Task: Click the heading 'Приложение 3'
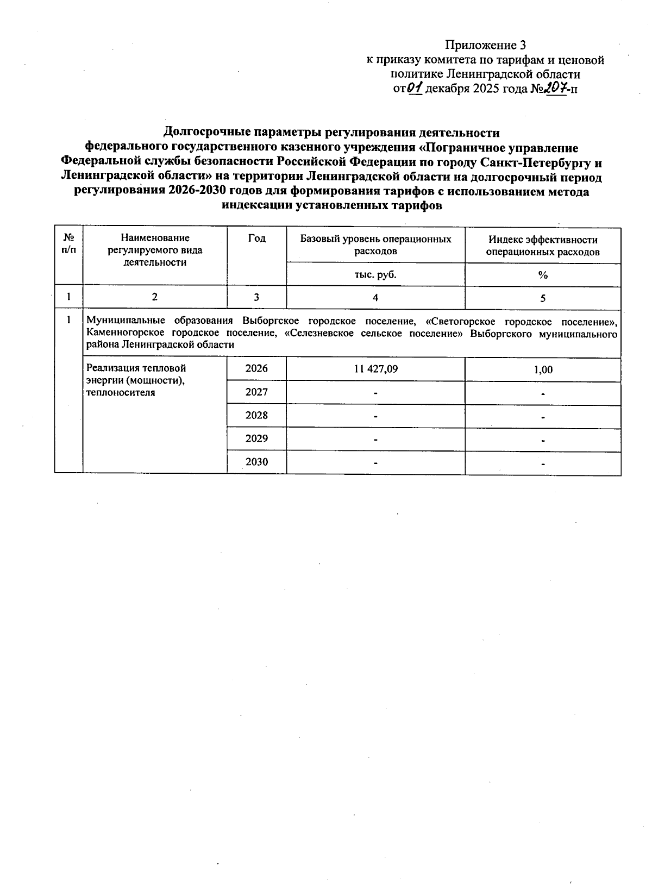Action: click(486, 45)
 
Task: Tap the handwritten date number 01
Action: click(415, 87)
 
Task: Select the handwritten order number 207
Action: click(555, 87)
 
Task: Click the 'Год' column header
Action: click(256, 239)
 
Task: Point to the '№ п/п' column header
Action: click(68, 243)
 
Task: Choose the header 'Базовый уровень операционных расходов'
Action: click(375, 245)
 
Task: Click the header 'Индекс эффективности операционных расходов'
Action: click(542, 246)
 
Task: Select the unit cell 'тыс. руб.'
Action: click(375, 275)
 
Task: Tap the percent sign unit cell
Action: click(543, 275)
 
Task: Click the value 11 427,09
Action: click(375, 369)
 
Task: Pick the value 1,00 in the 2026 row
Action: click(543, 370)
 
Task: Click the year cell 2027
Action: click(256, 392)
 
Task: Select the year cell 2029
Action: click(256, 438)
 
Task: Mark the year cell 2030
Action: click(256, 462)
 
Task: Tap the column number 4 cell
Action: click(375, 298)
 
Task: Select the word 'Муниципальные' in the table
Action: click(120, 320)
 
